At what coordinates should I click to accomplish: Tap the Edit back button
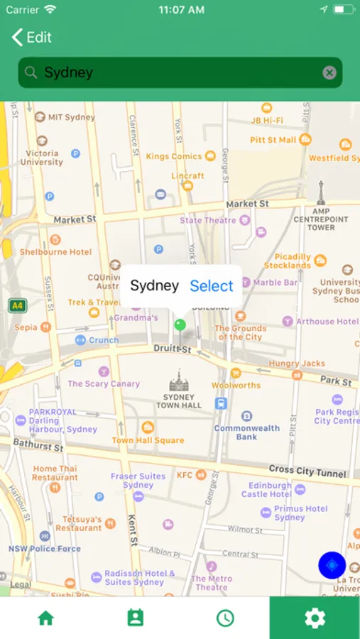point(32,38)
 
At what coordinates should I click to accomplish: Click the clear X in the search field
point(329,72)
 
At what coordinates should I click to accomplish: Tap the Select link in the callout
point(212,286)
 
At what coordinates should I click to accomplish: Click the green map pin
point(180,325)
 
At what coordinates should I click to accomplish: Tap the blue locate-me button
point(332,565)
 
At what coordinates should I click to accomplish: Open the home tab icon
point(45,618)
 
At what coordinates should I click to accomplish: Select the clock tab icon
point(225,618)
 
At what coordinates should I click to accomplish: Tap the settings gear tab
point(315,618)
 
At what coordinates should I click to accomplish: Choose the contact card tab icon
point(135,618)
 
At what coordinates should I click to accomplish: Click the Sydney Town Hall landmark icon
point(179,381)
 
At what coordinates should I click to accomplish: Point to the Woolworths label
point(236,385)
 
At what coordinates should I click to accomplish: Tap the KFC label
point(185,475)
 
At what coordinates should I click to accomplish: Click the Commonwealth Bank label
point(246,432)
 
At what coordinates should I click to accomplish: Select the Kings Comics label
point(174,156)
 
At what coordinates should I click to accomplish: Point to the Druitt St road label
point(173,349)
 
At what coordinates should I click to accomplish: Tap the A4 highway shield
point(17,306)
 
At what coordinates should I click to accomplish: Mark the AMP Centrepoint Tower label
point(321,219)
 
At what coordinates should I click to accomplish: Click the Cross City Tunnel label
point(307,471)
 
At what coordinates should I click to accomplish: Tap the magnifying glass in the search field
point(31,72)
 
